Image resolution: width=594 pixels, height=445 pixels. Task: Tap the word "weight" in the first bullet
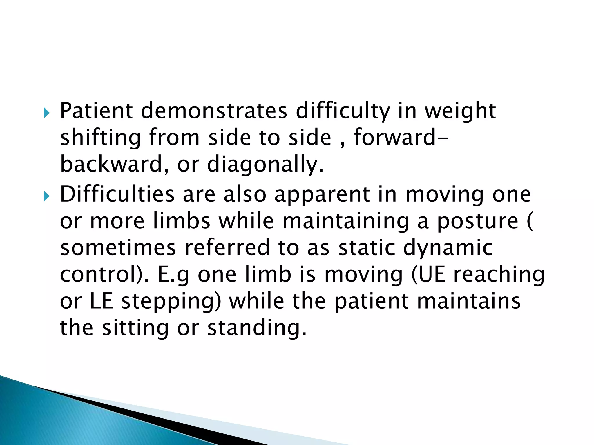pyautogui.click(x=460, y=112)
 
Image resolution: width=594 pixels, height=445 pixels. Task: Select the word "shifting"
pyautogui.click(x=101, y=138)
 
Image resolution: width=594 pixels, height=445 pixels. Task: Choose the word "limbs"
pyautogui.click(x=182, y=221)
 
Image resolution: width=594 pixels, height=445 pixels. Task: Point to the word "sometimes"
pyautogui.click(x=118, y=248)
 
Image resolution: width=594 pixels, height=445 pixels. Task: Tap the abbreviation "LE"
pyautogui.click(x=101, y=301)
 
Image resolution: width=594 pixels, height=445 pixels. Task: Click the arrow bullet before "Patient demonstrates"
pyautogui.click(x=47, y=112)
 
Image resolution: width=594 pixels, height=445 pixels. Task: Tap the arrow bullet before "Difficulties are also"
pyautogui.click(x=47, y=197)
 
